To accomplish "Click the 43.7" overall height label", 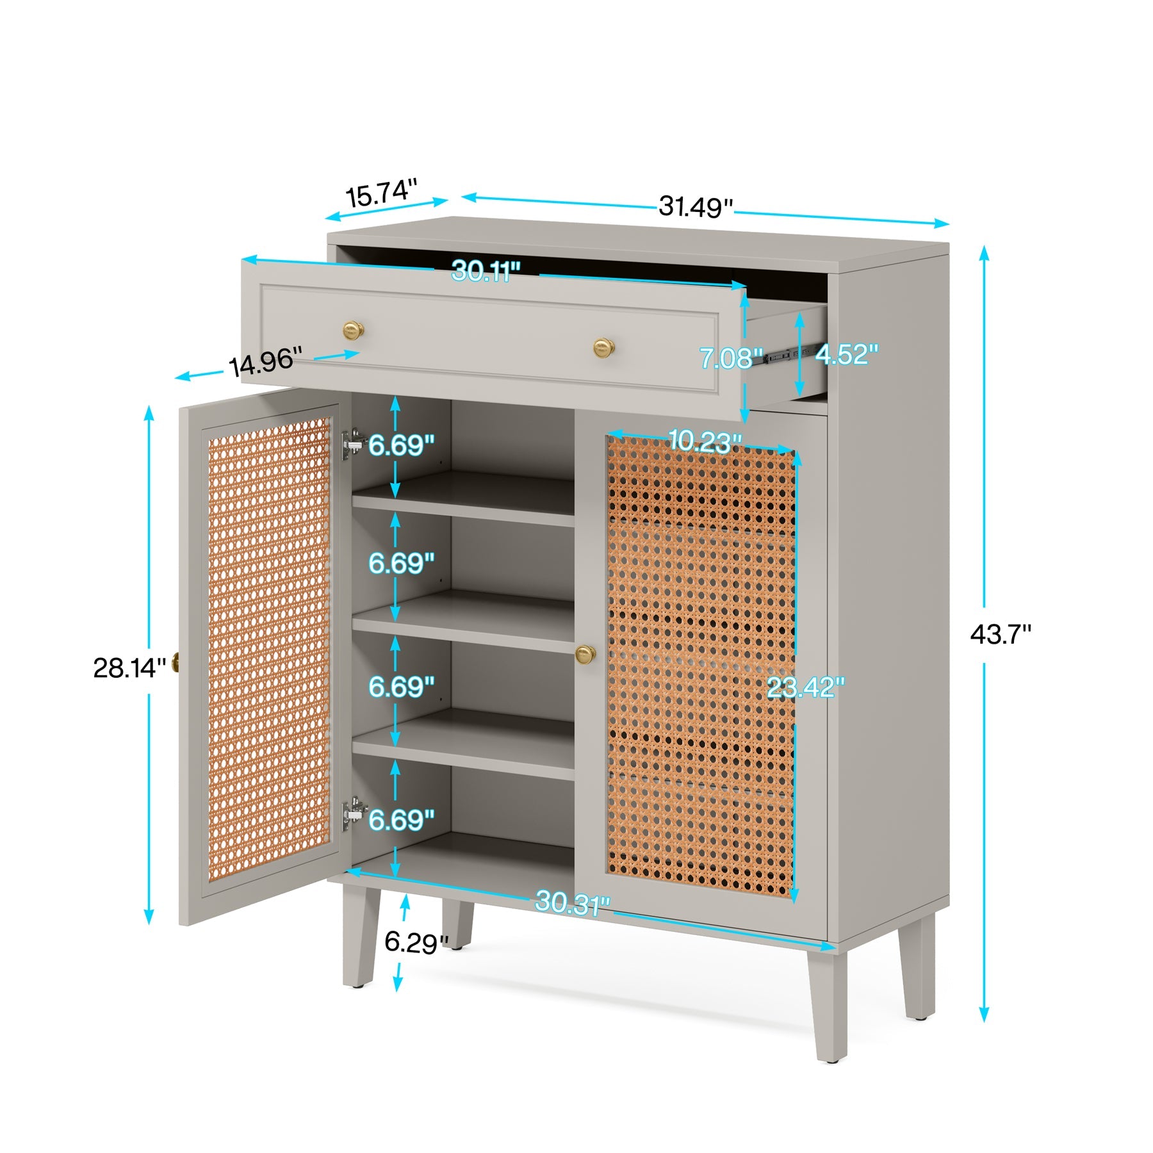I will (1000, 635).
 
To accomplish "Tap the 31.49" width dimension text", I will (696, 206).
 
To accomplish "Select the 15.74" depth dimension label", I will (382, 193).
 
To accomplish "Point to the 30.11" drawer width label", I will (486, 272).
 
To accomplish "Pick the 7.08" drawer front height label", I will (730, 358).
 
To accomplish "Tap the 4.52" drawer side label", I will (846, 354).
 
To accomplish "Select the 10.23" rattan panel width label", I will (704, 441).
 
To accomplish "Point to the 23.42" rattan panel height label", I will (805, 687).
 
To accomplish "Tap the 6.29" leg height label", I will (416, 942).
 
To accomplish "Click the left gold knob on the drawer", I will (353, 331).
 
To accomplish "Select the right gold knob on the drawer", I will (603, 348).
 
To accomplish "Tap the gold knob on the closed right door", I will (585, 654).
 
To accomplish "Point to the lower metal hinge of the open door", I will (352, 814).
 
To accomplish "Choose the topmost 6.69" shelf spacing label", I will (401, 445).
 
